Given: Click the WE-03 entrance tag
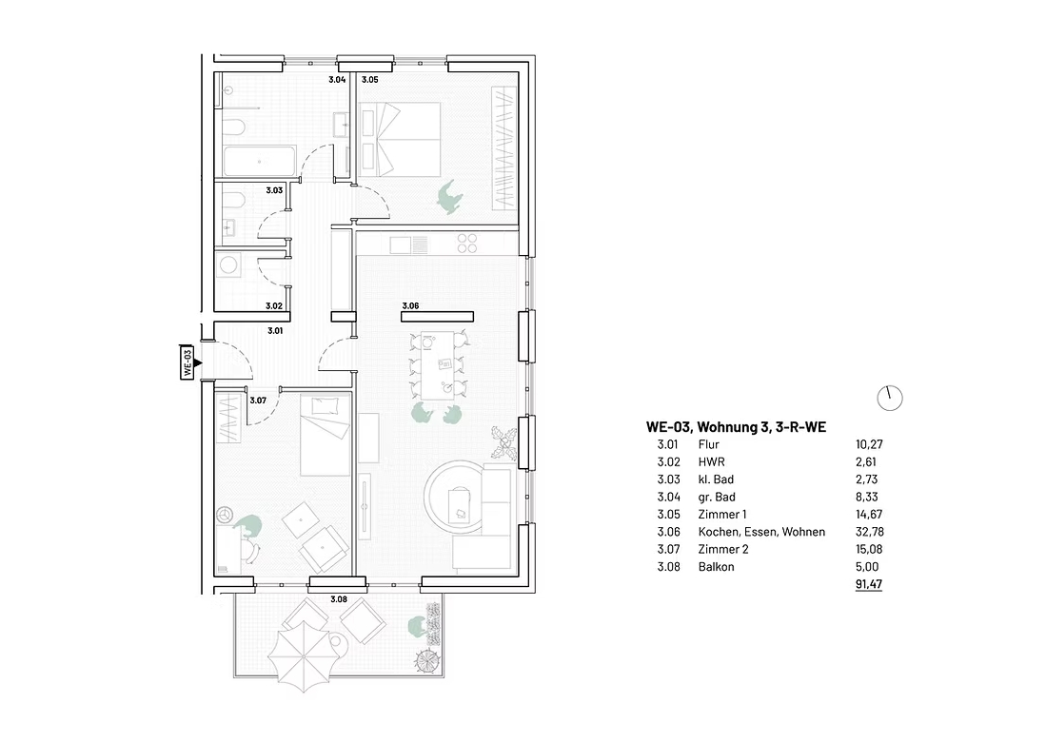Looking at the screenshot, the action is (x=187, y=362).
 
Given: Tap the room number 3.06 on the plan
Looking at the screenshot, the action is (x=410, y=306).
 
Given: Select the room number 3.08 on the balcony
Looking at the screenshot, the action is (x=339, y=599).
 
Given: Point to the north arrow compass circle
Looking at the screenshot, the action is (x=889, y=399).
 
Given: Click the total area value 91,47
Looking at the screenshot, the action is (x=869, y=584).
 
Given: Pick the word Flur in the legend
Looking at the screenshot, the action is (x=708, y=444).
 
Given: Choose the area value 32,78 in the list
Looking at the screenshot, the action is (x=869, y=532).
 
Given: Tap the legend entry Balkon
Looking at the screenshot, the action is (x=717, y=566).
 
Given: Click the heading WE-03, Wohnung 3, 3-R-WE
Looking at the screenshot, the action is (x=736, y=427).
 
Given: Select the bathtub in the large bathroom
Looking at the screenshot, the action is (x=260, y=161).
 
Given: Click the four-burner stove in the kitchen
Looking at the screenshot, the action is (x=467, y=244).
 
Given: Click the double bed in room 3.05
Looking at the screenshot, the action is (x=399, y=140).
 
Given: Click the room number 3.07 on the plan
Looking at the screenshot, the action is (x=258, y=401).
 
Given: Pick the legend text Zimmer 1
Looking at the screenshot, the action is (x=722, y=515).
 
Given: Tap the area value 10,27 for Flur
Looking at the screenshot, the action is (x=869, y=444).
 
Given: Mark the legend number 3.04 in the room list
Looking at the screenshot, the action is (x=668, y=497).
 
